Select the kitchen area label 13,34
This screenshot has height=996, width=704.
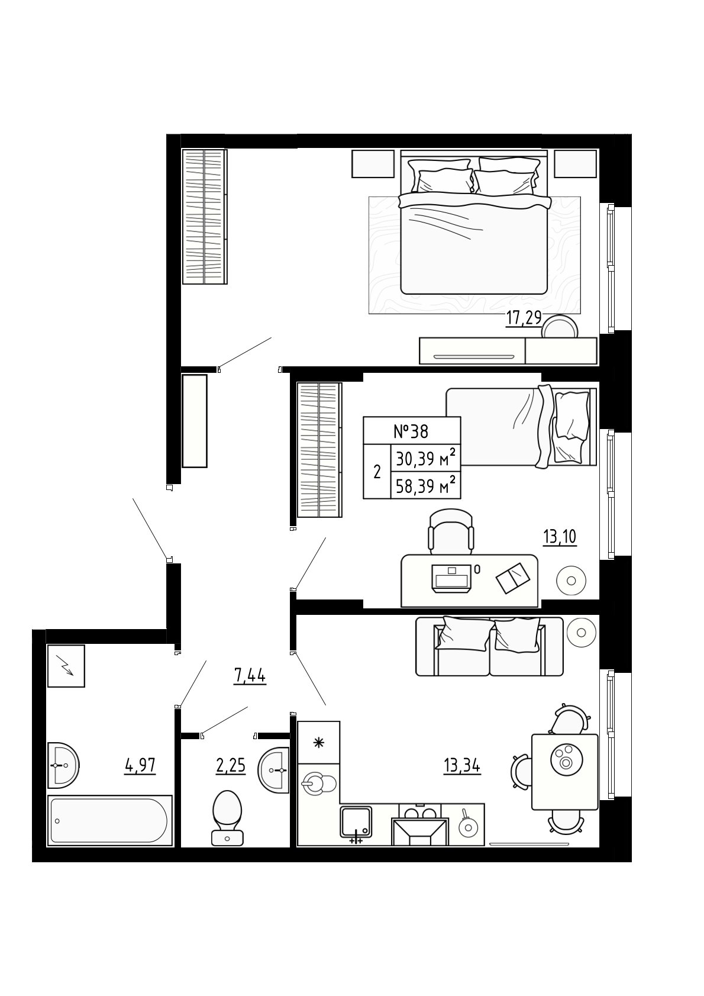[462, 766]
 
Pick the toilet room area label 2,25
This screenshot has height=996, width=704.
[230, 766]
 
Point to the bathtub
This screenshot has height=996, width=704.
[109, 820]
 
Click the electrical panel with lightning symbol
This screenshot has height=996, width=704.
[66, 666]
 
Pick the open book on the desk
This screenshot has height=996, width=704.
[513, 578]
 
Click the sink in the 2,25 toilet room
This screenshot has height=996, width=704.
[273, 769]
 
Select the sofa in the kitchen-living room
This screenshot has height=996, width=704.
[489, 646]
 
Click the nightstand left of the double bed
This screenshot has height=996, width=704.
[373, 163]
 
